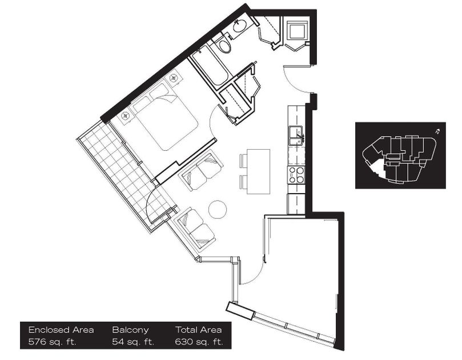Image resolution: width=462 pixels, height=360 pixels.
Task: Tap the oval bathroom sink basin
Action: point(240,25)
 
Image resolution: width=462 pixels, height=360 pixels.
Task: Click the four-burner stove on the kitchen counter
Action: point(295,174)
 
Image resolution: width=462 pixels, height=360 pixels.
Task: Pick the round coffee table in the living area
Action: point(218,209)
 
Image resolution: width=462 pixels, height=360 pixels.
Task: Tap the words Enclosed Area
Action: point(61,330)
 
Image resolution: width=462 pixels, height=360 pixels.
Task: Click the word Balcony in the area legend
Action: point(130,330)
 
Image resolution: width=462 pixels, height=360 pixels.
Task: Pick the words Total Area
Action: point(198,330)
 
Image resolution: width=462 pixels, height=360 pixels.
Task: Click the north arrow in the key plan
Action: point(437,131)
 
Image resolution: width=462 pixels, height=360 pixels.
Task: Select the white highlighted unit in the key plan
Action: point(377,167)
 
